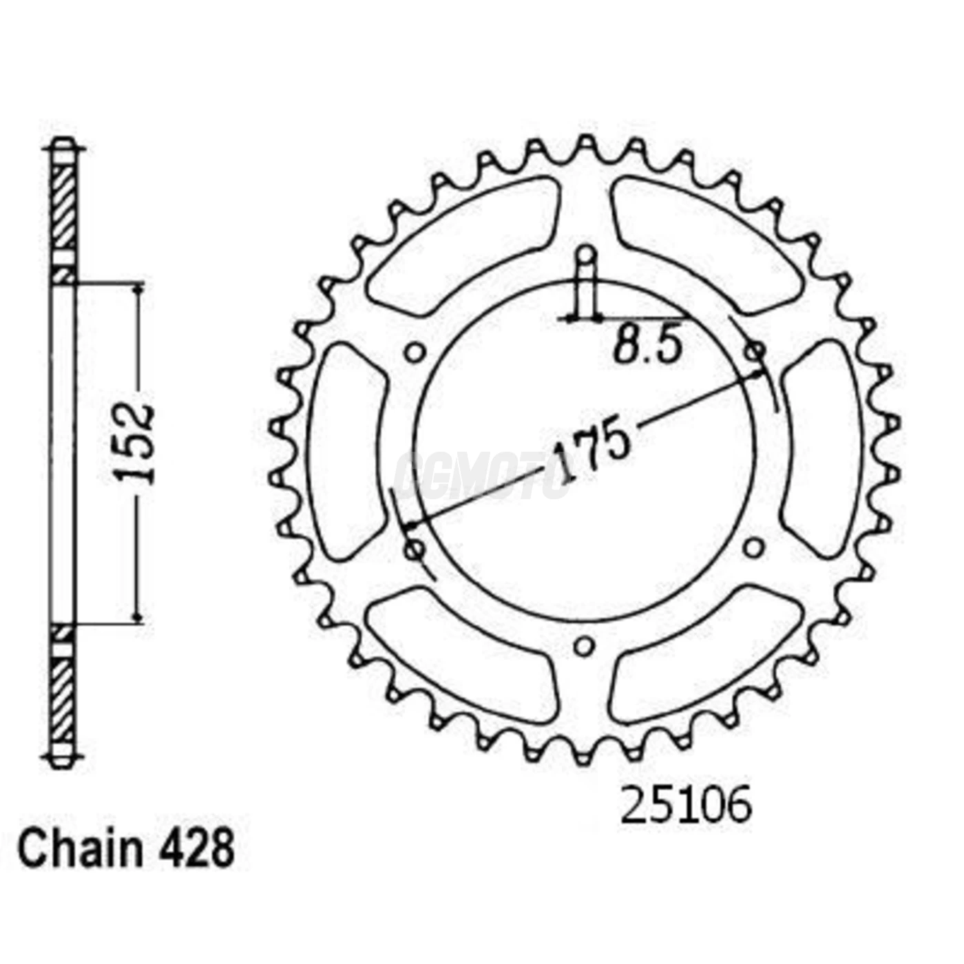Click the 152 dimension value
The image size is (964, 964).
click(x=135, y=444)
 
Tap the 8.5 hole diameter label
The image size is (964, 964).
click(x=648, y=346)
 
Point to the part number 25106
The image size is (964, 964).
click(x=685, y=806)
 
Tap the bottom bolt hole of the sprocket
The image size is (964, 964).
click(x=584, y=647)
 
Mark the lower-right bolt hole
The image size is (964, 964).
click(x=755, y=548)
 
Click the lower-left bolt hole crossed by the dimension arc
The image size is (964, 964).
click(x=415, y=549)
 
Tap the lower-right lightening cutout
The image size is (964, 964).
click(x=706, y=658)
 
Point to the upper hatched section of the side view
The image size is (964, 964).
click(x=63, y=207)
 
